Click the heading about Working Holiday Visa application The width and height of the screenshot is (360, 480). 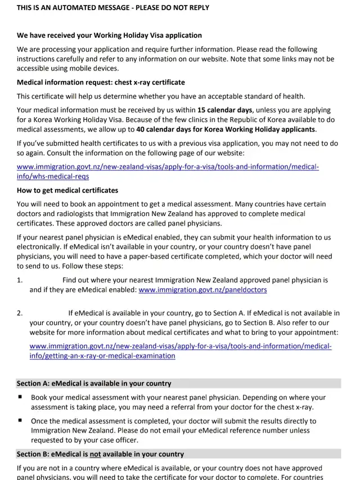(x=109, y=35)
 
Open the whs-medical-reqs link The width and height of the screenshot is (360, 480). (x=168, y=172)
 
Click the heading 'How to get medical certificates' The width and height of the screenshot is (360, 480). (x=67, y=190)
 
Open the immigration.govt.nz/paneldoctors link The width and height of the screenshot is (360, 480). (x=202, y=290)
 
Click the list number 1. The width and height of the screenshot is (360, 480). (x=20, y=280)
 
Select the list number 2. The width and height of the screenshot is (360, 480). (x=20, y=313)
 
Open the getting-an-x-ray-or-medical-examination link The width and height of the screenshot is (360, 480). (x=180, y=351)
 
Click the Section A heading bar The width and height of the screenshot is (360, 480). (x=178, y=383)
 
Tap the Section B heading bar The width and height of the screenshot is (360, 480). (x=178, y=454)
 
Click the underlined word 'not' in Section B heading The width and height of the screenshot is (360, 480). (x=95, y=454)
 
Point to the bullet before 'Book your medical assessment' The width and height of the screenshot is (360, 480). (x=20, y=397)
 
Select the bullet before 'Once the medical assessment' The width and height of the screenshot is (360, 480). (x=20, y=420)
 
